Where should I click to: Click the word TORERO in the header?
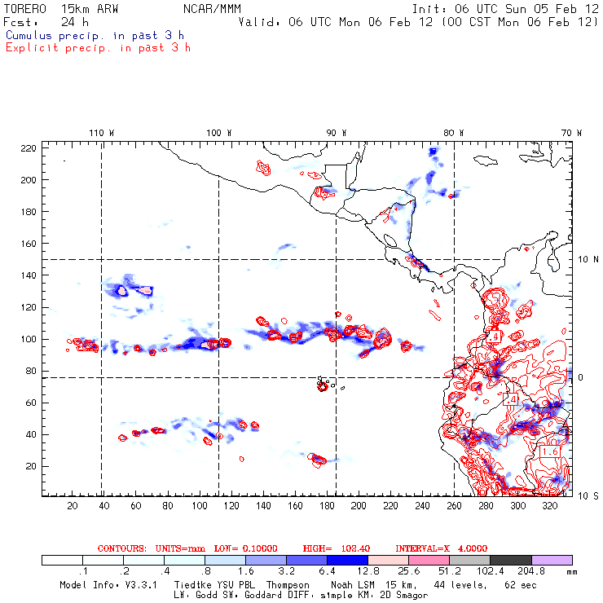coord(24,8)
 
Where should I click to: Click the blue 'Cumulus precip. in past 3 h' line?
coord(95,36)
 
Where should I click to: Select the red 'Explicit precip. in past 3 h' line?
coord(98,47)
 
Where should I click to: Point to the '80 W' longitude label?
coord(454,132)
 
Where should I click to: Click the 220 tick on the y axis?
coord(30,147)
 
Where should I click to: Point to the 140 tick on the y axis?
coord(30,275)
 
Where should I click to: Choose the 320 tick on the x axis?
coord(550,506)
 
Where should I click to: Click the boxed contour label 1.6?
coord(550,451)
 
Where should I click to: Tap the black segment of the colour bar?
coord(511,560)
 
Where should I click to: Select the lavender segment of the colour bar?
coord(552,560)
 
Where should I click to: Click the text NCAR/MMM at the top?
coord(213,8)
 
